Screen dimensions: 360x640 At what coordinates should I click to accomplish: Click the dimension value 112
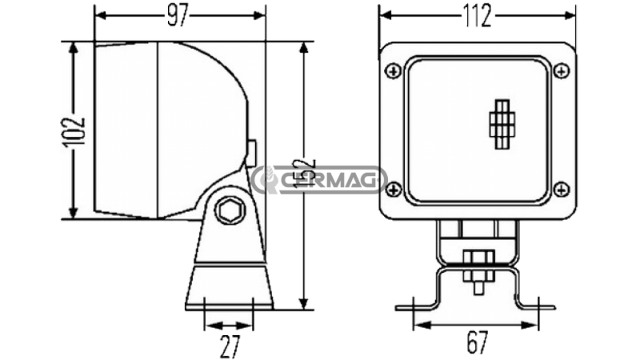click(x=478, y=16)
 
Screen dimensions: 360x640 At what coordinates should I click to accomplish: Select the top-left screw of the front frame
click(x=392, y=72)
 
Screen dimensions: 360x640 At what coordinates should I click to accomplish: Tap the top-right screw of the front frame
click(x=562, y=72)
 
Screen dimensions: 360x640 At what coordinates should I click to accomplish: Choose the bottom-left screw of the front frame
click(x=392, y=190)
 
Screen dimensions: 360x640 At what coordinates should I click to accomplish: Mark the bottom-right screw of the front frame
click(x=562, y=190)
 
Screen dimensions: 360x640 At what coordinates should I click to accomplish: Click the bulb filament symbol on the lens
click(x=502, y=126)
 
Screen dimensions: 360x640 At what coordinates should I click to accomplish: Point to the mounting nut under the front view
click(x=478, y=258)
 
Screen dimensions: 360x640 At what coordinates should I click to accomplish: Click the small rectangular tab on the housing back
click(x=251, y=150)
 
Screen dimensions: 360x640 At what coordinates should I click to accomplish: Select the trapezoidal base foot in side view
click(x=230, y=288)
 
